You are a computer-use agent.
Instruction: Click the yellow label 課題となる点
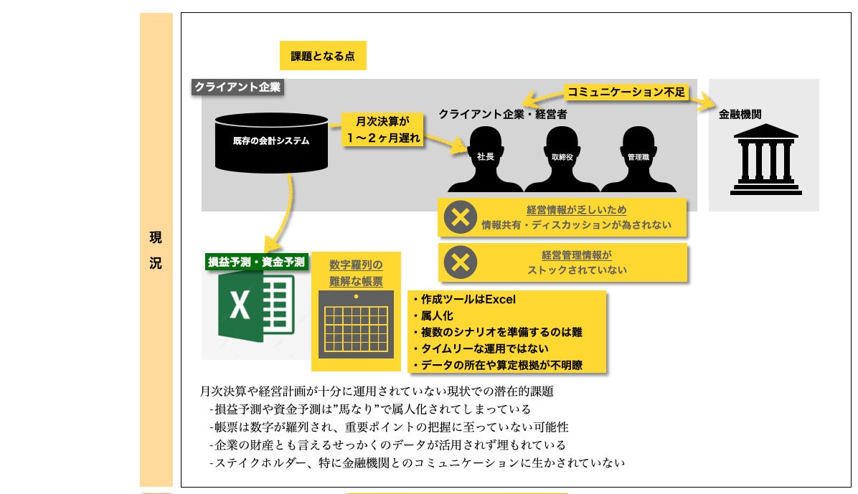(323, 56)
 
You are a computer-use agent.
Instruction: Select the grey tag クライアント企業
(238, 87)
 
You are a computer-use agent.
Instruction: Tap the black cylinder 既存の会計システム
(271, 142)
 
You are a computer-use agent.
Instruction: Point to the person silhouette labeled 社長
(485, 159)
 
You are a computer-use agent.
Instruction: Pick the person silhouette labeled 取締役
(562, 159)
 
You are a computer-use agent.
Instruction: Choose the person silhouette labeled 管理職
(638, 159)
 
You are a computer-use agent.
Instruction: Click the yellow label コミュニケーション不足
(627, 92)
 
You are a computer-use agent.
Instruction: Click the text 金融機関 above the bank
(740, 114)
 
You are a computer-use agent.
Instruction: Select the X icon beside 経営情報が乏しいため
(460, 218)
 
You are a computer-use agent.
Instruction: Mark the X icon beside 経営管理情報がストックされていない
(460, 262)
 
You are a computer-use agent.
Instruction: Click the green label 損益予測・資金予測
(256, 262)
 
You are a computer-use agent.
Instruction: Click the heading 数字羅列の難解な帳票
(356, 273)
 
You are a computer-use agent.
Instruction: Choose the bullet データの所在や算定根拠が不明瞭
(498, 365)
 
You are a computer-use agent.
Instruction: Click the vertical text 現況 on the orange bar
(156, 250)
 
